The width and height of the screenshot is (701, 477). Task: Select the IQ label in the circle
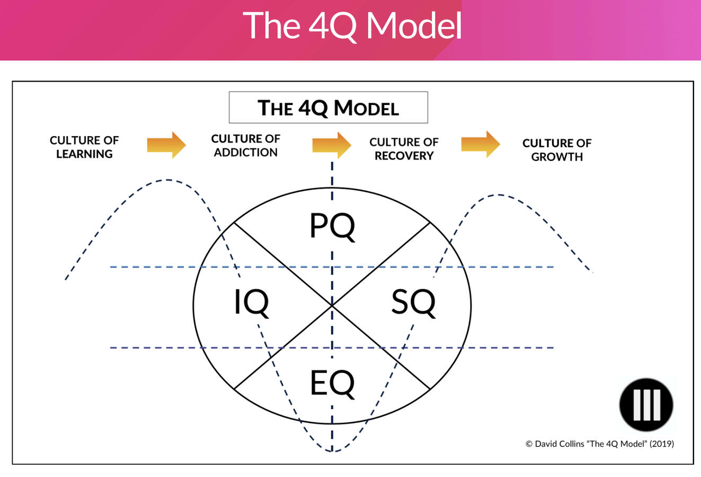[x=252, y=303]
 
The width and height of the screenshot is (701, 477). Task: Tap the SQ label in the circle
[x=413, y=303]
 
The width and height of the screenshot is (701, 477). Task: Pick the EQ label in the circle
[x=332, y=384]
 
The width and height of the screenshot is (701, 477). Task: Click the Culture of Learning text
[x=84, y=147]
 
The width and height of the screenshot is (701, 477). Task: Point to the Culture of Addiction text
[x=245, y=145]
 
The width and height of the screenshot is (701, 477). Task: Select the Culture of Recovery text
[x=404, y=149]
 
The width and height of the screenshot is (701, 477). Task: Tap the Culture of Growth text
[x=556, y=150]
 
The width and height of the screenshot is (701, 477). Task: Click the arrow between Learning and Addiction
[x=166, y=144]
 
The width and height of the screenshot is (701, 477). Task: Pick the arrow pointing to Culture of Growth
[x=481, y=144]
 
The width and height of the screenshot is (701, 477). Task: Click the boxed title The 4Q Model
[x=328, y=108]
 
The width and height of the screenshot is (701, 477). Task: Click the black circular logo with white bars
[x=646, y=404]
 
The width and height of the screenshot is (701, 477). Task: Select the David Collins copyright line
[x=599, y=444]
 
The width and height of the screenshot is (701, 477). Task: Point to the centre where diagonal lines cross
[x=332, y=306]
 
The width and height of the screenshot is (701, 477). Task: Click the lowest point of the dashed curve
[x=332, y=452]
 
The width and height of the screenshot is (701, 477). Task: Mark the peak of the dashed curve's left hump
[x=167, y=180]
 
